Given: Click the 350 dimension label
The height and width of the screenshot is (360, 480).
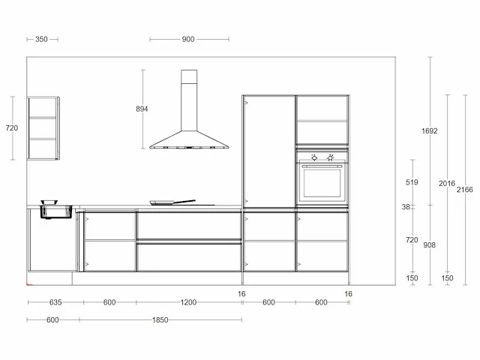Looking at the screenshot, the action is (x=41, y=39).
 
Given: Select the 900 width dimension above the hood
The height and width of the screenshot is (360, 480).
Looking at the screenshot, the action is (x=188, y=39).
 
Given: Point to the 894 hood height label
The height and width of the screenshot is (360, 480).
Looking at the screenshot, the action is (x=142, y=109).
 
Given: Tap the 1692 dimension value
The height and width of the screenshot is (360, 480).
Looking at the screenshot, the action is (x=430, y=131).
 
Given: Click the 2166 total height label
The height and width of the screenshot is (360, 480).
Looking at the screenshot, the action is (x=465, y=190).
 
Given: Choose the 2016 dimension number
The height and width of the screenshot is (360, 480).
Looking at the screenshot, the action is (x=447, y=184).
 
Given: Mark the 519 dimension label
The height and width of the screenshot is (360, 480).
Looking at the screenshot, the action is (x=412, y=182).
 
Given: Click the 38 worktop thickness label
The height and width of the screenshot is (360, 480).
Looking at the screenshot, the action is (x=406, y=207).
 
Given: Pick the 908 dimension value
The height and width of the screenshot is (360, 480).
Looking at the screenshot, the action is (x=429, y=245).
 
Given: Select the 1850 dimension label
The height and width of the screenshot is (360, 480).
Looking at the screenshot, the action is (x=160, y=320).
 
